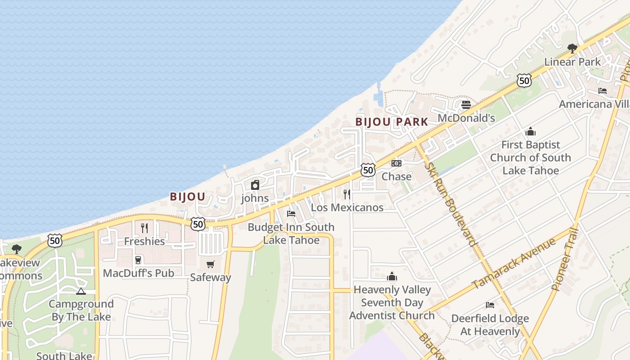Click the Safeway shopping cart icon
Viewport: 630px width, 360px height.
coord(210,264)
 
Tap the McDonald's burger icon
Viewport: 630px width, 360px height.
coord(466,105)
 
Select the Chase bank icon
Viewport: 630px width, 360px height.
coord(396,163)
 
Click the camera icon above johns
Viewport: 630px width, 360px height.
coord(255,185)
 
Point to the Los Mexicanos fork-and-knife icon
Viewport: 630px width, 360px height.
coord(347,194)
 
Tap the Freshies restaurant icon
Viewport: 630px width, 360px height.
coord(144,228)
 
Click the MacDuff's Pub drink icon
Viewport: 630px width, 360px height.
coord(138,260)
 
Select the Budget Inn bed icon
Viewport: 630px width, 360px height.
coord(291,213)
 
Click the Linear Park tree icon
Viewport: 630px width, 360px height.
coord(572,48)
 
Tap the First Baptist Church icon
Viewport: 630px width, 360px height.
coord(531,132)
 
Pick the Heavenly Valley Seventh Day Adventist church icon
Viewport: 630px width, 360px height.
coord(392,276)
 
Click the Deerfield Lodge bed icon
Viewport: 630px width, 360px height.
coord(490,305)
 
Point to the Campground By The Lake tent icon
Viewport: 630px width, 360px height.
coord(81,291)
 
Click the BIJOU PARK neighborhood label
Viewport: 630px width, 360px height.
coord(391,122)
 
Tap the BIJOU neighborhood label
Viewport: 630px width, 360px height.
coord(187,197)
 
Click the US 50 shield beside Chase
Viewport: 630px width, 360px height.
coord(368,170)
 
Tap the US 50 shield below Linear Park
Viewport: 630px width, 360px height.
coord(524,81)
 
